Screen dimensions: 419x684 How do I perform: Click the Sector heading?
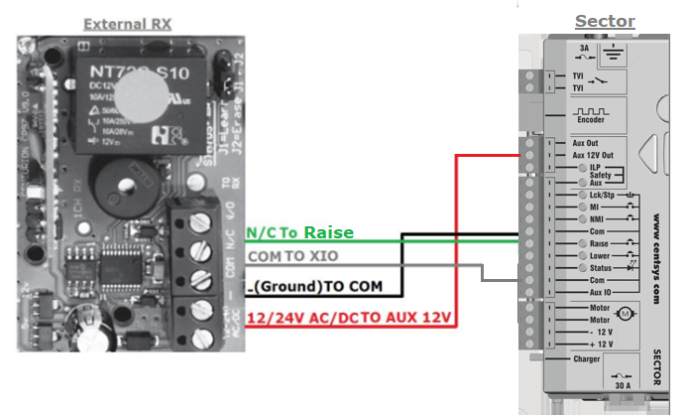pyautogui.click(x=605, y=21)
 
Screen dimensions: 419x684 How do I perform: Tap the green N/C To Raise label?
pyautogui.click(x=299, y=232)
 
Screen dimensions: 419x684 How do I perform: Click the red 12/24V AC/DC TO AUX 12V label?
pyautogui.click(x=350, y=318)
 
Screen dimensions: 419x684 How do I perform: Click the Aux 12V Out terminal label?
pyautogui.click(x=594, y=155)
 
